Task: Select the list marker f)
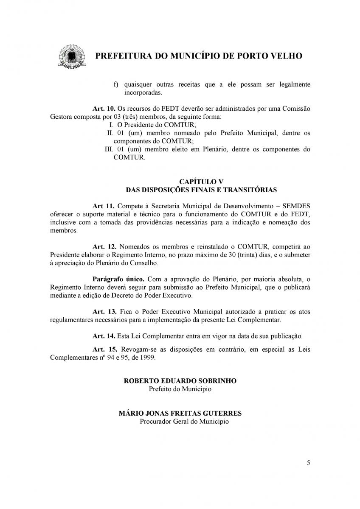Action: pyautogui.click(x=115, y=84)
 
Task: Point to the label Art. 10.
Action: pyautogui.click(x=103, y=109)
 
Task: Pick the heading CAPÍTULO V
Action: pyautogui.click(x=201, y=182)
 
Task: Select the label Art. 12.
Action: pyautogui.click(x=104, y=246)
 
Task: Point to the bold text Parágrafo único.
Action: pyautogui.click(x=118, y=279)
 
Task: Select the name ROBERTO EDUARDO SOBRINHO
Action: pyautogui.click(x=180, y=381)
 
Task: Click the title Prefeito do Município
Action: pyautogui.click(x=180, y=389)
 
